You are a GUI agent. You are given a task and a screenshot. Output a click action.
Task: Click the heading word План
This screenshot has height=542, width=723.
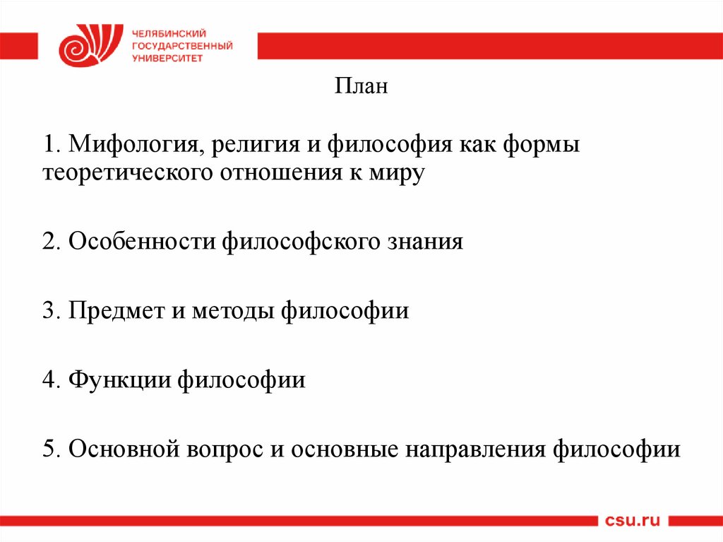[361, 88]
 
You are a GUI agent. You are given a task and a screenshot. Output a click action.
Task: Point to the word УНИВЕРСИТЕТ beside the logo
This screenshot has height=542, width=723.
[167, 59]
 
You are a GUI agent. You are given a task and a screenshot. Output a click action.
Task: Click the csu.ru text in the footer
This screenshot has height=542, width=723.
[632, 521]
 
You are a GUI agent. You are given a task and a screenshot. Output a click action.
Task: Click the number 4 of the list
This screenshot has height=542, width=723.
[48, 379]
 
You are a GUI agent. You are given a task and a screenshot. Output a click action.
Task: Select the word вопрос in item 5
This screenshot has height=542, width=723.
[220, 449]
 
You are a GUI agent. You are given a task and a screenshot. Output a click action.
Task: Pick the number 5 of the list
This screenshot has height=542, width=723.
[48, 449]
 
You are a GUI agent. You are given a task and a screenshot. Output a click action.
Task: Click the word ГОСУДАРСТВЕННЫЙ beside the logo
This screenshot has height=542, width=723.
[182, 46]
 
